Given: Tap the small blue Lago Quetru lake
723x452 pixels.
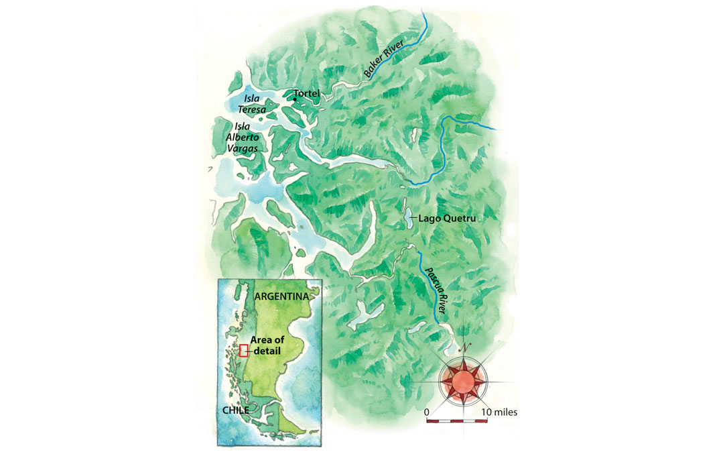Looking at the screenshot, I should click(408, 218).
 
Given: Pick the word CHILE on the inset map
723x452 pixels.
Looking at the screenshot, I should click(234, 410).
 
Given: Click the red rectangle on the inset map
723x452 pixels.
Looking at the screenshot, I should click(244, 350).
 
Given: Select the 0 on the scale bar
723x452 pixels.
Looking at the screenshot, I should click(427, 411).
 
